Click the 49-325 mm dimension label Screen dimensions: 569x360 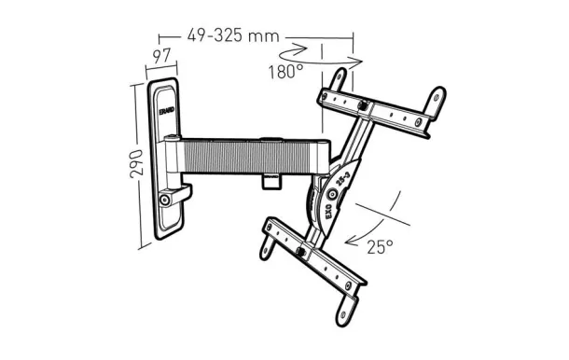[x=233, y=35]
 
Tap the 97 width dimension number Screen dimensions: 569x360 [x=161, y=56]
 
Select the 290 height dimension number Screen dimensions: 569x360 [x=136, y=164]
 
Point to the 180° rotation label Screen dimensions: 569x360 [x=285, y=72]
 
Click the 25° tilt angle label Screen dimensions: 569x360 [x=380, y=247]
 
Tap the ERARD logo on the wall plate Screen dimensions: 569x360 [x=167, y=110]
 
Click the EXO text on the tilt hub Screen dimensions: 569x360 [x=327, y=211]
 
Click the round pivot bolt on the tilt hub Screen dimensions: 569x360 [x=332, y=195]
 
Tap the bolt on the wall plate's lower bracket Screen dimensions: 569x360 [x=165, y=200]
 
